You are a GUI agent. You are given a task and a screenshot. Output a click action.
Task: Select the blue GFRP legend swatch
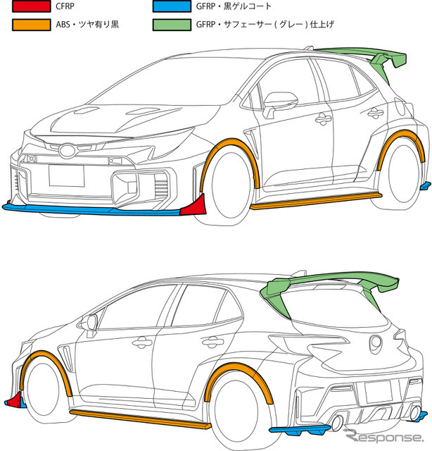point(172,8)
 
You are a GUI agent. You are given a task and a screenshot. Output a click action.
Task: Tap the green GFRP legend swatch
point(172,25)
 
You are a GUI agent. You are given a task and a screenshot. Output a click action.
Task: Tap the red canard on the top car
point(192,206)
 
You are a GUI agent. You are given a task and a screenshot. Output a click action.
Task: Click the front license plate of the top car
point(66,173)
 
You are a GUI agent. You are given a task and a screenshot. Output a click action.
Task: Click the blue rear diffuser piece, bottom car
point(299,429)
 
